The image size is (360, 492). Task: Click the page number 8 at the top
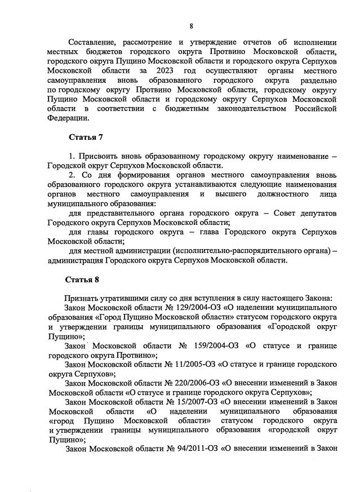[191, 25]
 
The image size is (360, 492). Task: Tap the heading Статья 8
[85, 279]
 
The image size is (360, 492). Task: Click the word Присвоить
[97, 156]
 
